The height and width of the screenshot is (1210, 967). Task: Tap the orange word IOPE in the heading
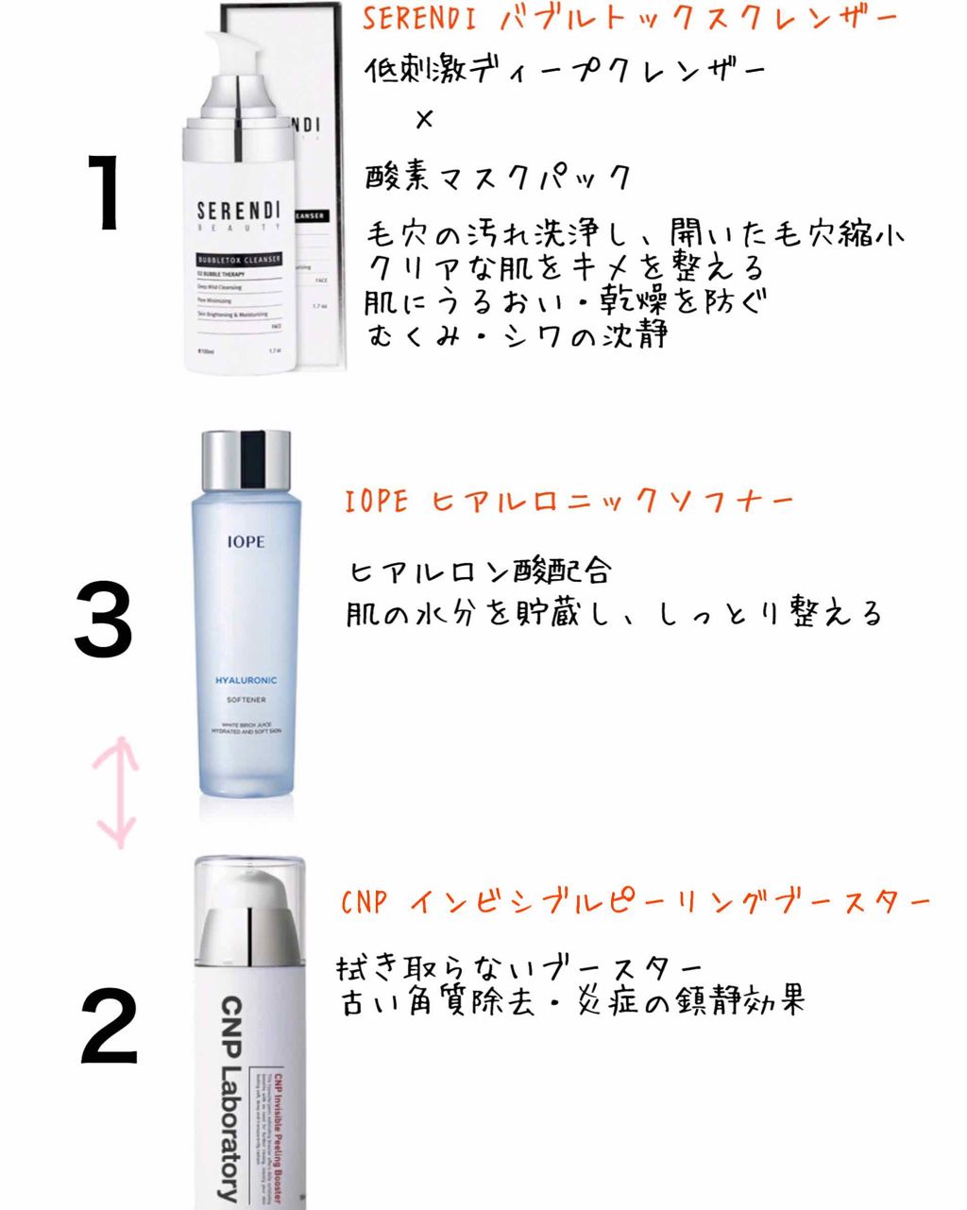pyautogui.click(x=377, y=502)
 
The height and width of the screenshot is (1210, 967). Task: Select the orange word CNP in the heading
pyautogui.click(x=365, y=903)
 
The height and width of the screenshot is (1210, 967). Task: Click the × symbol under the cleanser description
pyautogui.click(x=424, y=120)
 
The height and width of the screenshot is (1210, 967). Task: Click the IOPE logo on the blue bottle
pyautogui.click(x=246, y=542)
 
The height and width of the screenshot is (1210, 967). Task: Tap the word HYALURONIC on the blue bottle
pyautogui.click(x=246, y=680)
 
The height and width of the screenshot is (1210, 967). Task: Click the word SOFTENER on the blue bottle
pyautogui.click(x=246, y=700)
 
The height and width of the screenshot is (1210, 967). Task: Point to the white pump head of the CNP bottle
pyautogui.click(x=250, y=897)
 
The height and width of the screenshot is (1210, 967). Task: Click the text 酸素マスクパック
pyautogui.click(x=498, y=177)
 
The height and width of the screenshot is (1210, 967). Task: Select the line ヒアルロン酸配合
pyautogui.click(x=481, y=571)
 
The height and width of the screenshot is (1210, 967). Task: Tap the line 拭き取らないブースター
pyautogui.click(x=519, y=968)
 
